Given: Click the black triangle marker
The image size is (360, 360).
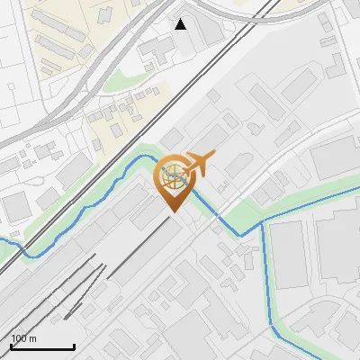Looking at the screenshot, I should [181, 24].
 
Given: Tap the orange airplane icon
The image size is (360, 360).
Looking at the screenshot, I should [200, 164].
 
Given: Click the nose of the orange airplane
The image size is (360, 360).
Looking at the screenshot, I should [214, 157].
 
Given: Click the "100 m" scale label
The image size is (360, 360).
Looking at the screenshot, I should [24, 338].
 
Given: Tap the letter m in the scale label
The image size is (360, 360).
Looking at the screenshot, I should [33, 338].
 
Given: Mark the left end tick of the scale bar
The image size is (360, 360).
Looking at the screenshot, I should [11, 346].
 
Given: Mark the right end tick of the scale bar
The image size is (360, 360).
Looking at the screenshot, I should [75, 346].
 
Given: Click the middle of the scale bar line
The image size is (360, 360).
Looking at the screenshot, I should [42, 347].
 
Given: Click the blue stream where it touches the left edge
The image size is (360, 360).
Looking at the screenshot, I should [2, 240].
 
